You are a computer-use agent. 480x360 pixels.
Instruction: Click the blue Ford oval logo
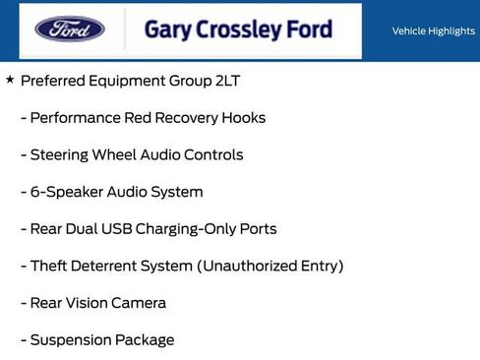click(70, 29)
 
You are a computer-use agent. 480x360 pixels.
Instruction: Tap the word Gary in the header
click(167, 30)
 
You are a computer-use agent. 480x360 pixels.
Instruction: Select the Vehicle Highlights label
click(433, 31)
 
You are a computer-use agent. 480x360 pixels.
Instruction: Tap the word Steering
click(60, 154)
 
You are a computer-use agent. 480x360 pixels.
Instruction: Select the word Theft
click(49, 266)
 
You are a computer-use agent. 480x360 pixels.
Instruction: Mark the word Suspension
click(70, 340)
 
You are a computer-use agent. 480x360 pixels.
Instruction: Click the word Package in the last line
click(144, 340)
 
